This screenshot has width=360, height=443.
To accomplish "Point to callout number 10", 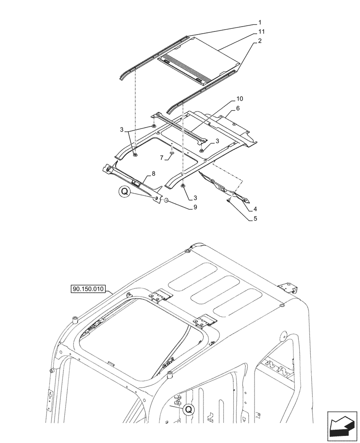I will pos(240,98).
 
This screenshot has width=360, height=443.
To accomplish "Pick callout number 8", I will pos(154,174).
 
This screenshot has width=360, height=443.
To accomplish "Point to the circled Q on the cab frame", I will pos(188,409).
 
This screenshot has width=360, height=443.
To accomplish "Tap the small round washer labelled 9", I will pos(164,201).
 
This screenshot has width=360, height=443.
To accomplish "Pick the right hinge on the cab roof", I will pos(206,320).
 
